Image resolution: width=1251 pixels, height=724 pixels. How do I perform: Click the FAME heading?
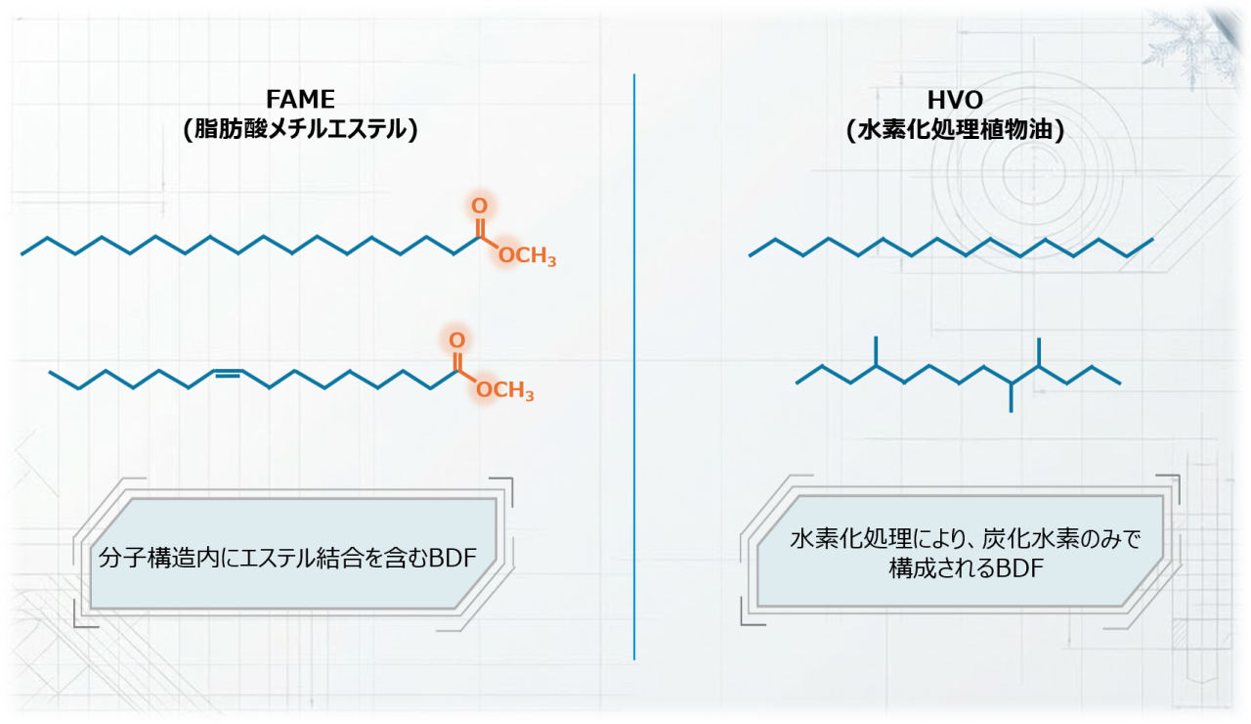(x=300, y=100)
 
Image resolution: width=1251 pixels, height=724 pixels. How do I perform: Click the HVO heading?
(x=955, y=101)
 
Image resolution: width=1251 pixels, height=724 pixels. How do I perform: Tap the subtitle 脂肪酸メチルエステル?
(x=300, y=130)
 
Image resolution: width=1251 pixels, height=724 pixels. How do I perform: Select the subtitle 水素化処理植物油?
(x=955, y=130)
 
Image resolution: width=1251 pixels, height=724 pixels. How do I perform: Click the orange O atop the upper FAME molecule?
(x=479, y=205)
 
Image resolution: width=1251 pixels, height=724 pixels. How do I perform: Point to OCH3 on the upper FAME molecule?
(x=527, y=255)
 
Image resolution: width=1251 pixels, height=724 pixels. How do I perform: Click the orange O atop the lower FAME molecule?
(x=456, y=339)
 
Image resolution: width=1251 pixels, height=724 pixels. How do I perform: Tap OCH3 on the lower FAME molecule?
(x=505, y=389)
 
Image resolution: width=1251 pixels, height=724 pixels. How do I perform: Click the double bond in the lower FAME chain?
(x=228, y=373)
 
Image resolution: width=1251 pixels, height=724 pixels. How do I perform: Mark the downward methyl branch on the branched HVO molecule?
(x=1011, y=397)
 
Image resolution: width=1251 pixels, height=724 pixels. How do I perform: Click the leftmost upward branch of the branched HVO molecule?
(x=876, y=351)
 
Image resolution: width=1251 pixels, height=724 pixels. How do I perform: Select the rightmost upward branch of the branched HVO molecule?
(x=1039, y=351)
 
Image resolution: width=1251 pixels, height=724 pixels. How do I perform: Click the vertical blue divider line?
(x=634, y=367)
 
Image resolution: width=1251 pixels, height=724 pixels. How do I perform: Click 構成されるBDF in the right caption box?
(x=967, y=568)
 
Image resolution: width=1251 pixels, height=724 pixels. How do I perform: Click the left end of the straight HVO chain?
(x=750, y=256)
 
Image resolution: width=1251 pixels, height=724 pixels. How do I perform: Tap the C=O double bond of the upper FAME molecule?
(x=479, y=228)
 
